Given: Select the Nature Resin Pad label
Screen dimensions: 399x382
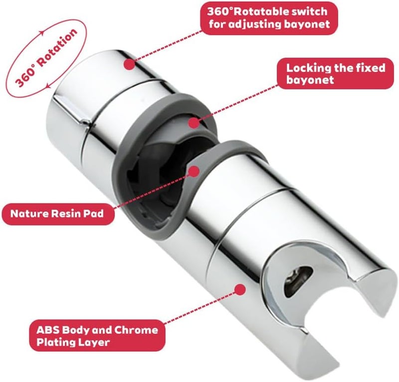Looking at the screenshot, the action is coord(57,214).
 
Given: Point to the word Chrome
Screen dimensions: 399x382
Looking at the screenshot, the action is coord(136,330).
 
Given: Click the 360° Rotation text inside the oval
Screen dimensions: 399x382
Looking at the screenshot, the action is coord(46,57).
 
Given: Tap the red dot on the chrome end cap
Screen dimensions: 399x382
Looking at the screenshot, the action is coord(130,64).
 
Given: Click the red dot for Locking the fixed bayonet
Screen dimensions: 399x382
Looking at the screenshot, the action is coord(194,123).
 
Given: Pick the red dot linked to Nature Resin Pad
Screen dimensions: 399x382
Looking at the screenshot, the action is coord(194,171).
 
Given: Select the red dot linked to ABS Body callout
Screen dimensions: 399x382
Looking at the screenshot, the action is coord(240,290).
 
